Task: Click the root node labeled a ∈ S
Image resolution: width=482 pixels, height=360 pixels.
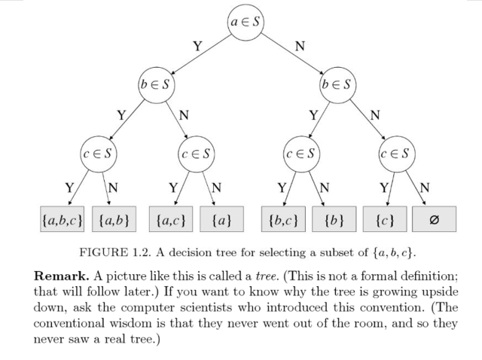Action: click(x=246, y=23)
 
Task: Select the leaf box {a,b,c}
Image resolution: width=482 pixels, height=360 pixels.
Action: click(x=63, y=221)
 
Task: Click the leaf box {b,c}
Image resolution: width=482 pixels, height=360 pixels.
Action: click(x=283, y=221)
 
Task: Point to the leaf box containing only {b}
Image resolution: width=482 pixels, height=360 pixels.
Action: click(x=334, y=221)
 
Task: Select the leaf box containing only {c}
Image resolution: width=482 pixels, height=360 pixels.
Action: click(x=384, y=221)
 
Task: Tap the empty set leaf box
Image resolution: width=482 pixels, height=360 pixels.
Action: click(x=434, y=221)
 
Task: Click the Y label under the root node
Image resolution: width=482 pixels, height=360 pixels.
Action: click(x=197, y=46)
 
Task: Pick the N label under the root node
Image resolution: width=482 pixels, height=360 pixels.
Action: click(x=300, y=46)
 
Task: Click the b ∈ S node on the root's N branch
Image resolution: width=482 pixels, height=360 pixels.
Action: click(x=337, y=84)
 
